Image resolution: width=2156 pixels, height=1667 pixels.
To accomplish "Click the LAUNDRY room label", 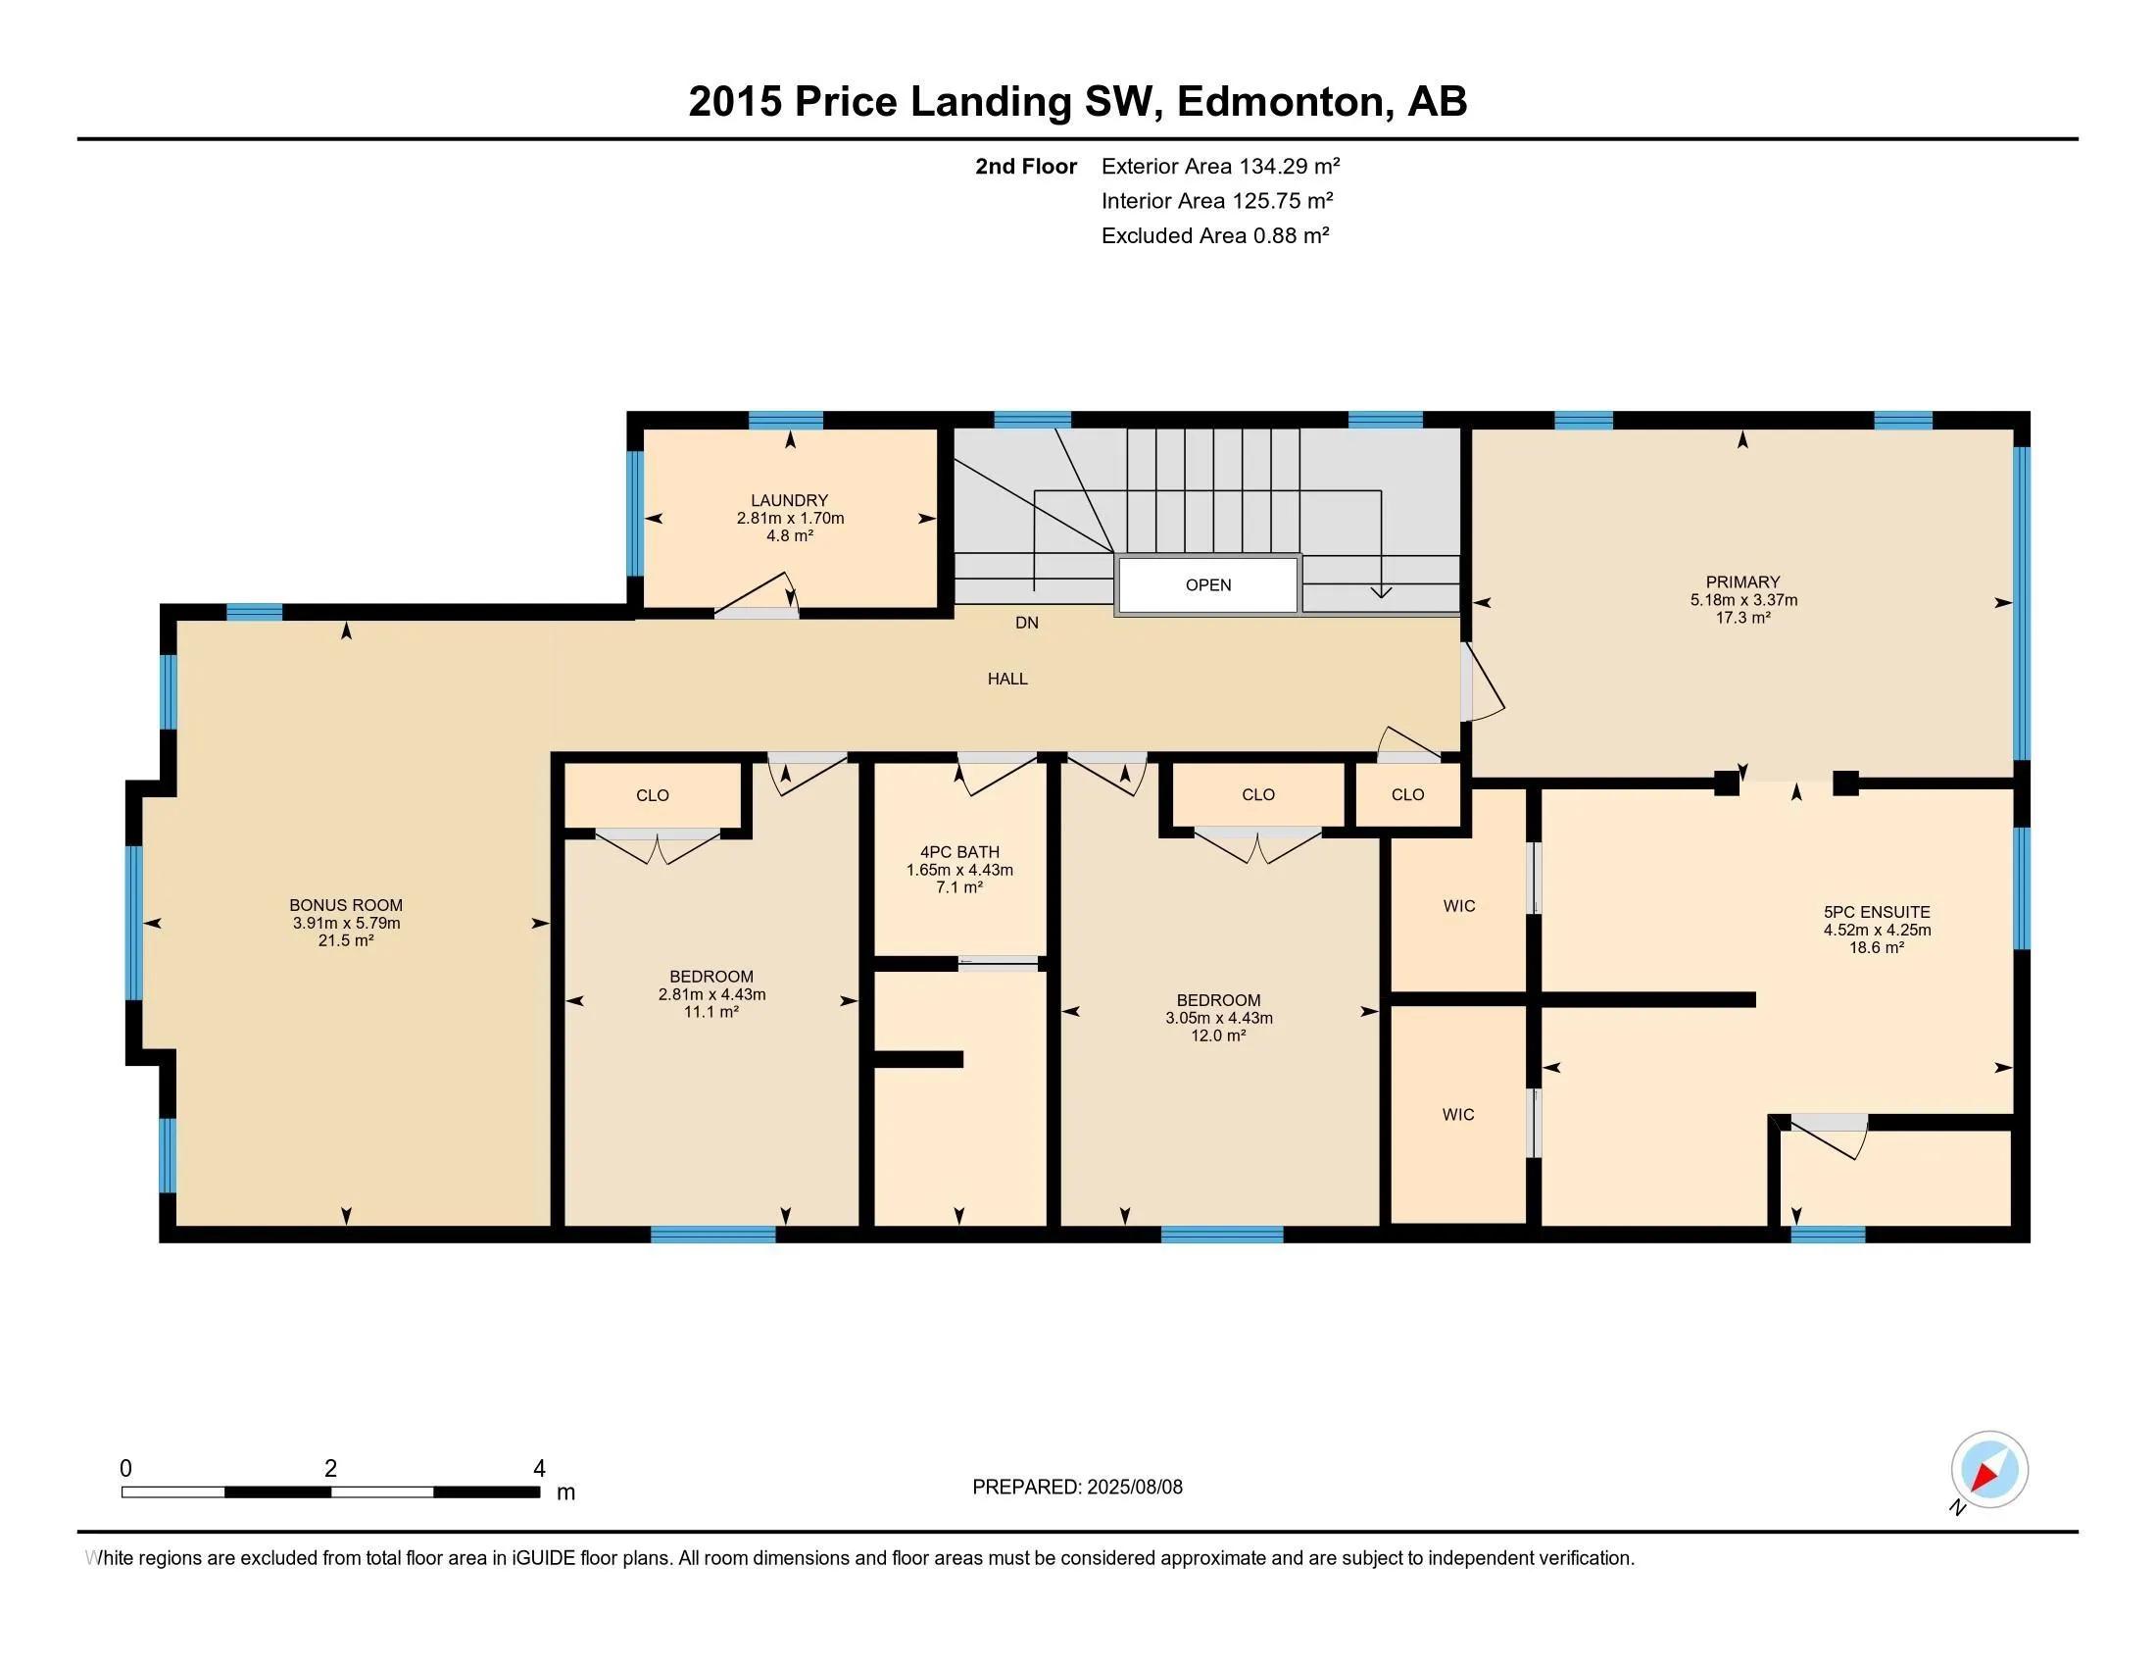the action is coord(790,518).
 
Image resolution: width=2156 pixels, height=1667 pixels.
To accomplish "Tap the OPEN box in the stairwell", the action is coord(1207,584).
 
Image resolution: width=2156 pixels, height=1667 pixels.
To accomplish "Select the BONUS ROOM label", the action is coord(346,923).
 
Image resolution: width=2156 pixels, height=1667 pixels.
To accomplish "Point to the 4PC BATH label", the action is coord(959,869).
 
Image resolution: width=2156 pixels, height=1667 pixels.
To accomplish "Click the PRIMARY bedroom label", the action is coord(1743,599).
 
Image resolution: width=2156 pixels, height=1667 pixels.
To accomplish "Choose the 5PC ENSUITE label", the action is coord(1877,930).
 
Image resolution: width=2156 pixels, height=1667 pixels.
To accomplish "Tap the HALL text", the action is coord(1007,679).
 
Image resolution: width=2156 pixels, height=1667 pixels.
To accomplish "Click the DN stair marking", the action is coord(1027,623).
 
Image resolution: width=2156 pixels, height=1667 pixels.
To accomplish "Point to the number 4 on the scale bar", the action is coord(539,1469).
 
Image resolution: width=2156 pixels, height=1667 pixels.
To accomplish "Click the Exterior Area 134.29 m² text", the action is coord(1220,166).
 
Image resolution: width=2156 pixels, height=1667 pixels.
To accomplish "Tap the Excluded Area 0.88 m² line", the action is coord(1215,235).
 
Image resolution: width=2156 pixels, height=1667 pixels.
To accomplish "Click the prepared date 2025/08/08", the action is coord(1134,1487).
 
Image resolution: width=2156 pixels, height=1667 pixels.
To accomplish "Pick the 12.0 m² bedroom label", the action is coord(1218,1018).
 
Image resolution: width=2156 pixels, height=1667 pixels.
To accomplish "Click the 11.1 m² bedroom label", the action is coord(711,994).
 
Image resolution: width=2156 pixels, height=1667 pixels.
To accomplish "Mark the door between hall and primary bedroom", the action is coord(1481,682).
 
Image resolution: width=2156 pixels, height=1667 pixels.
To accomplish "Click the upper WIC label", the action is coord(1459,906).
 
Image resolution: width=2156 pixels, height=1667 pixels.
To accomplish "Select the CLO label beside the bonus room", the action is coord(653,795).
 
